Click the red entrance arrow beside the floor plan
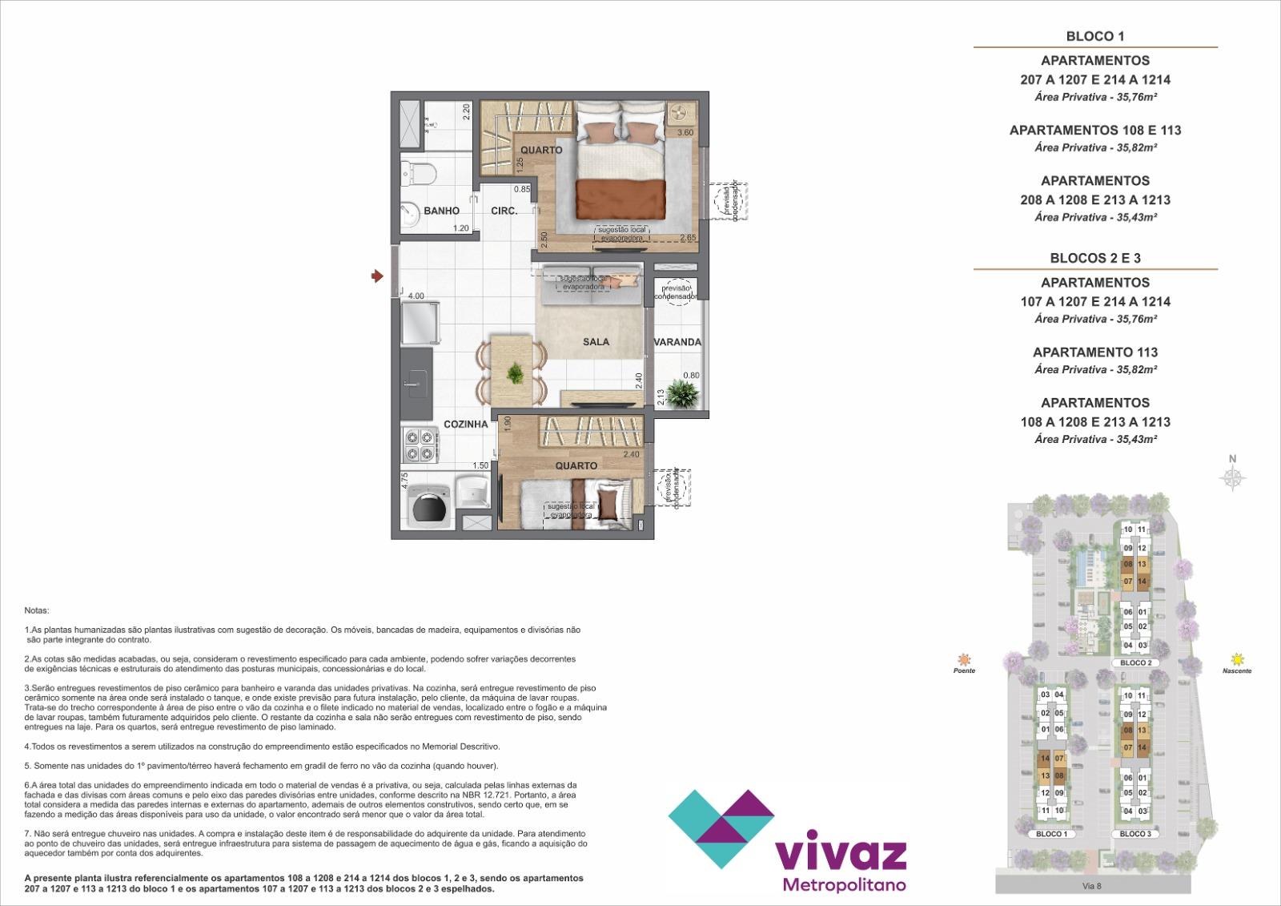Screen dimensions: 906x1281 pos(376,276)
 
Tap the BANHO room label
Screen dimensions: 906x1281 pos(441,211)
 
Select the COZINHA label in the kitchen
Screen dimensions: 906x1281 pos(465,425)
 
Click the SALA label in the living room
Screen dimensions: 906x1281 pos(596,342)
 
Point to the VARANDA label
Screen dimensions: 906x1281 pos(677,342)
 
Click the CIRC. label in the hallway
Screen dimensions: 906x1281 pos(504,211)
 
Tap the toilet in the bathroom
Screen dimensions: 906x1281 pos(419,171)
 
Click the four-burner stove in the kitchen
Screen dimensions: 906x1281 pos(420,446)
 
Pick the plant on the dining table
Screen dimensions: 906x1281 pos(515,372)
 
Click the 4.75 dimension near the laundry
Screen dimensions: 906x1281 pos(405,481)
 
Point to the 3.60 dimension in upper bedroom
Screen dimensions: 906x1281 pos(685,133)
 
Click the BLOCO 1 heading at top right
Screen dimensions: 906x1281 pos(1094,36)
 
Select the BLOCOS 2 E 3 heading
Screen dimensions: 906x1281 pos(1094,258)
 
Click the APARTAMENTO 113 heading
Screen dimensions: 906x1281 pos(1094,352)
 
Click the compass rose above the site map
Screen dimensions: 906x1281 pos(1233,478)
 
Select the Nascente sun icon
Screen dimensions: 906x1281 pos(1238,658)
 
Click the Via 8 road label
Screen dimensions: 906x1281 pos(1093,885)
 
